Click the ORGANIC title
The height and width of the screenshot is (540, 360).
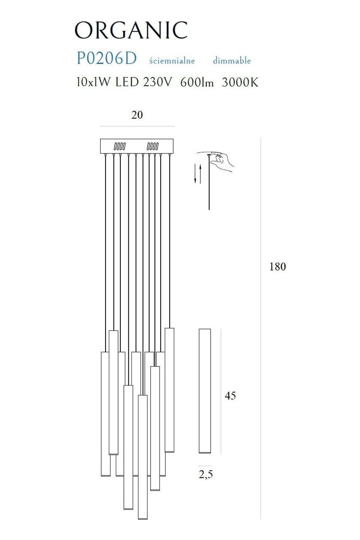point(131,30)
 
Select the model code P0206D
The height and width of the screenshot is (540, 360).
point(107,58)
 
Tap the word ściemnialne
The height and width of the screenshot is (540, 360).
point(172,60)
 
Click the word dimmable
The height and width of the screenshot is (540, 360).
point(232,60)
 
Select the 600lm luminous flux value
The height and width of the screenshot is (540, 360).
point(197,83)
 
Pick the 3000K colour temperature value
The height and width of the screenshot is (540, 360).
point(240,83)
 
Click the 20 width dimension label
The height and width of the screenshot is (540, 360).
point(137,115)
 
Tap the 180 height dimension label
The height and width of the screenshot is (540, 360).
point(277,267)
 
